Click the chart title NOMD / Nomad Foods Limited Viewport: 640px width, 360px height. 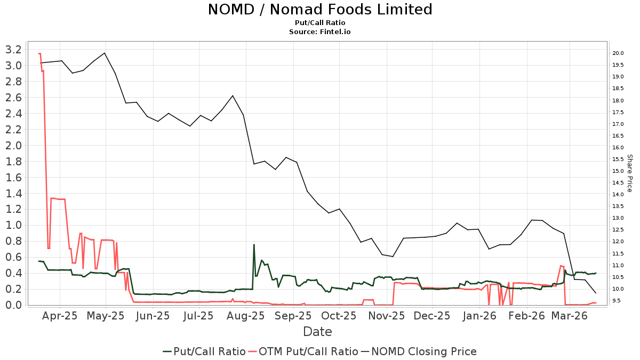click(x=319, y=10)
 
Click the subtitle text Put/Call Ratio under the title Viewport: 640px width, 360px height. click(x=319, y=23)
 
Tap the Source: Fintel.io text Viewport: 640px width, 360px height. click(x=319, y=32)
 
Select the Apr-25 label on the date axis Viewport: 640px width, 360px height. click(x=60, y=316)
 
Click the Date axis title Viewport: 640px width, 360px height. click(x=317, y=332)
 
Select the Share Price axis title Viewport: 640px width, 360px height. click(x=629, y=173)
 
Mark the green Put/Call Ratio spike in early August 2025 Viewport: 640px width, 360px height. click(x=254, y=245)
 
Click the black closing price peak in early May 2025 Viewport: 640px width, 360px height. click(x=105, y=53)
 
